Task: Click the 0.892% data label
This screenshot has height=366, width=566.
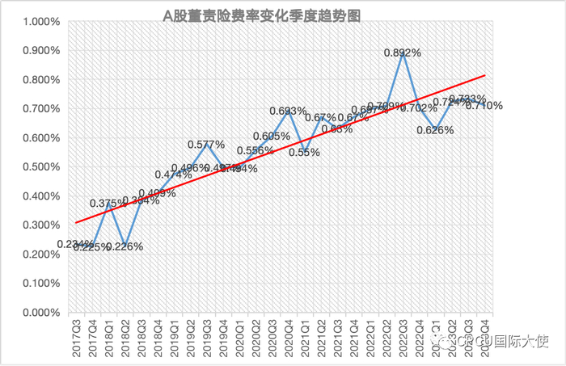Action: point(402,53)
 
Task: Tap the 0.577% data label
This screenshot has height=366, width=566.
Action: point(207,145)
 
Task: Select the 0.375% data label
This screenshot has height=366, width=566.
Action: point(108,203)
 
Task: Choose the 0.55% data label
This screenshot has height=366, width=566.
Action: point(304,152)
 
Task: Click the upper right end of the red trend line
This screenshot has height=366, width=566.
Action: point(484,75)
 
